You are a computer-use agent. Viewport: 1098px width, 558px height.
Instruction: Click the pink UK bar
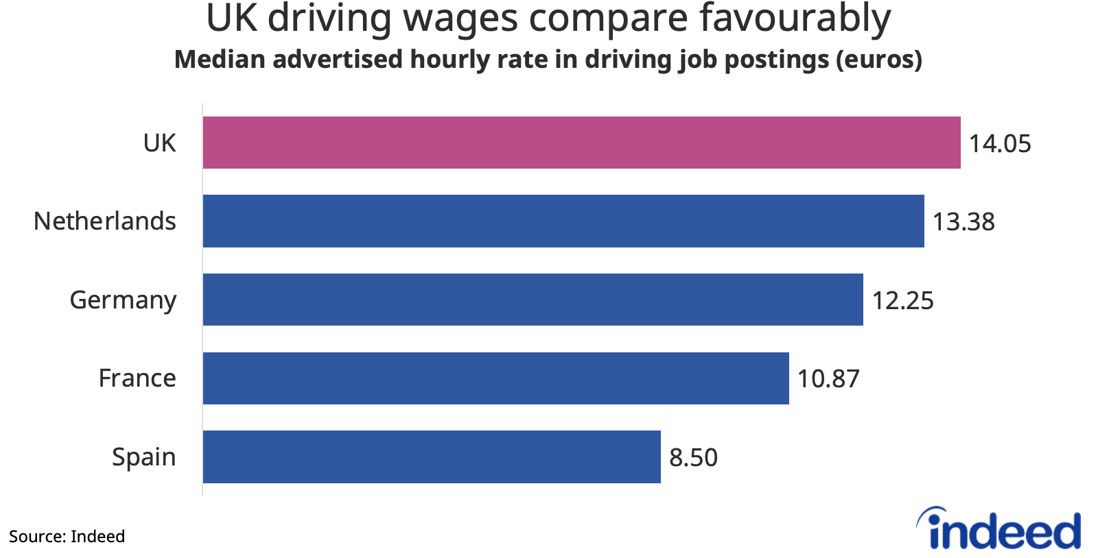pyautogui.click(x=581, y=143)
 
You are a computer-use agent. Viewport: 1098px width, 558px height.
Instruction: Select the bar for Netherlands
pyautogui.click(x=563, y=221)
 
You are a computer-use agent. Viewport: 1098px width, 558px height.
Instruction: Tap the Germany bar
pyautogui.click(x=533, y=300)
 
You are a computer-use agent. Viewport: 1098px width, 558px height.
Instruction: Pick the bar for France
pyautogui.click(x=495, y=378)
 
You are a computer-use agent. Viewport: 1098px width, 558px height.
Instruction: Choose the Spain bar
pyautogui.click(x=432, y=457)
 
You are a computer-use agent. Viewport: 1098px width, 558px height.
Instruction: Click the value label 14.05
pyautogui.click(x=1000, y=143)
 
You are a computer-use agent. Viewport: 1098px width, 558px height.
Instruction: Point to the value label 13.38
pyautogui.click(x=963, y=221)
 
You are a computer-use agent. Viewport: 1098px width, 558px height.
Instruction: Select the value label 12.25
pyautogui.click(x=902, y=300)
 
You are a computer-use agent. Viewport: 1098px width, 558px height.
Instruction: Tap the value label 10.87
pyautogui.click(x=828, y=378)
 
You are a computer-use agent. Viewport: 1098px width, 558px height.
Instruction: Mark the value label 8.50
pyautogui.click(x=693, y=457)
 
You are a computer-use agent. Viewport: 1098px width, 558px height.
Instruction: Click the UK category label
pyautogui.click(x=159, y=143)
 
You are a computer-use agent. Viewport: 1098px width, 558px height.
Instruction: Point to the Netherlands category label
pyautogui.click(x=105, y=221)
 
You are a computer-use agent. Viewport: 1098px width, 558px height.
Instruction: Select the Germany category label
pyautogui.click(x=123, y=300)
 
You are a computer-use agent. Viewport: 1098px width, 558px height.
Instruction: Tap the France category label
pyautogui.click(x=137, y=378)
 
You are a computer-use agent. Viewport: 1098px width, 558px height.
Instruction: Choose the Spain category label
pyautogui.click(x=143, y=457)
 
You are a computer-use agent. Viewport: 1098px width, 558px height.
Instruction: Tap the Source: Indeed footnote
pyautogui.click(x=67, y=536)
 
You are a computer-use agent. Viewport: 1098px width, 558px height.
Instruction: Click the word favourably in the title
pyautogui.click(x=795, y=19)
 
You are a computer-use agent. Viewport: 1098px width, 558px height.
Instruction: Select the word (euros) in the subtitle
pyautogui.click(x=879, y=60)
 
